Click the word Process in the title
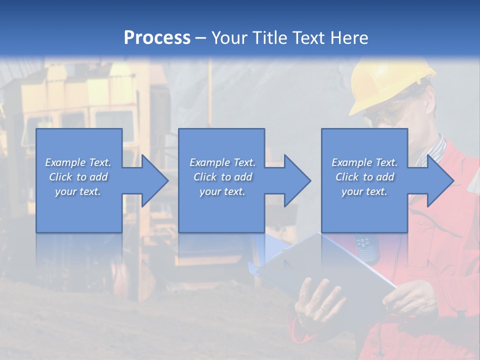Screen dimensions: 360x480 [157, 38]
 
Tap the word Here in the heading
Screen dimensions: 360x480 [349, 38]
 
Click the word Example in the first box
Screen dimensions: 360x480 [65, 162]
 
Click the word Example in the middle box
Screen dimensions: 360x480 [209, 162]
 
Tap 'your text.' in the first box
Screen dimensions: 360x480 [78, 191]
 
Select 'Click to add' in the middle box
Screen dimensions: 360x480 [222, 177]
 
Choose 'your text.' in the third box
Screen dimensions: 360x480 [364, 191]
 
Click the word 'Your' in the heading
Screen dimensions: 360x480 [229, 38]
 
